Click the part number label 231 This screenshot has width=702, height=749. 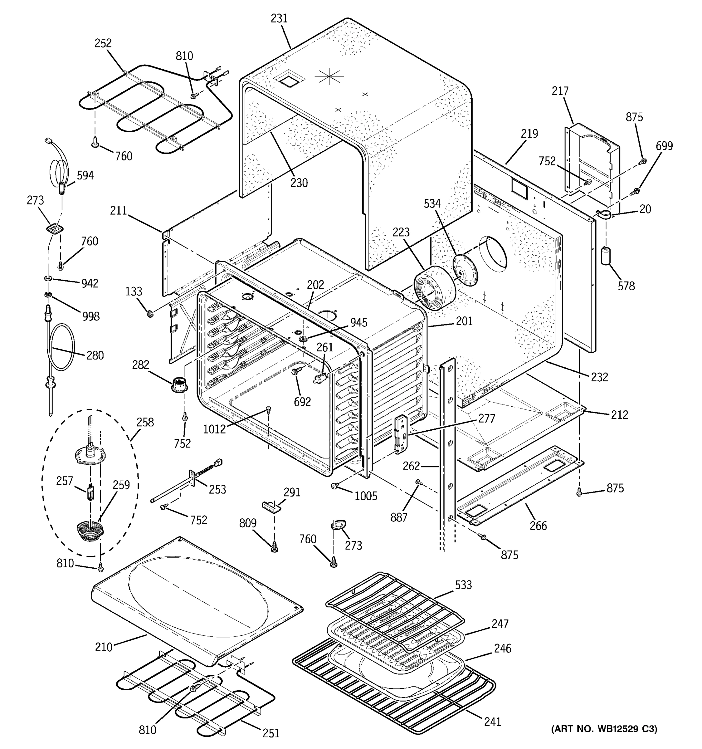[x=279, y=18]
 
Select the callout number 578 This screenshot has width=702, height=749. [x=626, y=286]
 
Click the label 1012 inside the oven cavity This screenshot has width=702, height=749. [x=214, y=429]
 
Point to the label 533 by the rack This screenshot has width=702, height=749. [x=463, y=585]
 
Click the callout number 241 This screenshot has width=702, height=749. [x=493, y=722]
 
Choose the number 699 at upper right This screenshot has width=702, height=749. [x=664, y=146]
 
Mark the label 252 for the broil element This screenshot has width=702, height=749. [x=103, y=43]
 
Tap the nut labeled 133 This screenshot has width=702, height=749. [x=149, y=313]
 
